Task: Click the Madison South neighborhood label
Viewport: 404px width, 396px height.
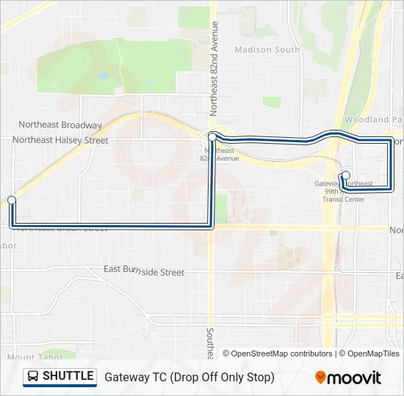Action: (267, 50)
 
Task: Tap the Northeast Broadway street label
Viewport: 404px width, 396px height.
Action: (60, 125)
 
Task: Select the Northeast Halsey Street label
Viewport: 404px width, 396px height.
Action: (60, 140)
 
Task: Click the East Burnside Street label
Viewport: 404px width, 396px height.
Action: (144, 271)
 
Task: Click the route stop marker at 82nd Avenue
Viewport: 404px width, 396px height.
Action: (212, 136)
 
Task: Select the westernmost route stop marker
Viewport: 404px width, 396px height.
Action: (12, 199)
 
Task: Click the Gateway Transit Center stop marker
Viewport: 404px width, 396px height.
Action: (346, 175)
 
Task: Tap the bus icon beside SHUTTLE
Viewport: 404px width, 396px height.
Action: (33, 377)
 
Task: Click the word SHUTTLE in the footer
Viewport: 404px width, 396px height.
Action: (68, 377)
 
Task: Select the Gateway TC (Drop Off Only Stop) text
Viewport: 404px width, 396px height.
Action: (190, 378)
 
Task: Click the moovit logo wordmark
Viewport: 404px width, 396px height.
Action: (355, 378)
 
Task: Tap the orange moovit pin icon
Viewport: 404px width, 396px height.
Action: (320, 378)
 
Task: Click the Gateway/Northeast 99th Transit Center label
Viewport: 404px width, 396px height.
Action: (344, 191)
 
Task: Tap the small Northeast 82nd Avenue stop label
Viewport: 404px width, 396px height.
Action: (221, 154)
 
